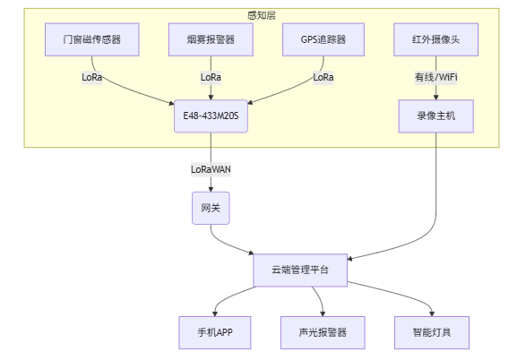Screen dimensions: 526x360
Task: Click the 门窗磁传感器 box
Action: pos(92,39)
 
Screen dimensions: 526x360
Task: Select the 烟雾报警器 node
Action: pos(211,39)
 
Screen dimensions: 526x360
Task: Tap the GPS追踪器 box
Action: pos(323,39)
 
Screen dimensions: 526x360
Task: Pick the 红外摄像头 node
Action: pos(435,39)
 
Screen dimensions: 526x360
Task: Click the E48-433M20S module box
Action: pos(211,116)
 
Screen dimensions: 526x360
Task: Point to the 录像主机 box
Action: pos(435,116)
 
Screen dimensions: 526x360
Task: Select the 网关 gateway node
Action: pos(211,208)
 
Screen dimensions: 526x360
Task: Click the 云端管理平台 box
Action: pos(300,270)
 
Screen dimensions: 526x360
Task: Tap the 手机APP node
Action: pos(215,332)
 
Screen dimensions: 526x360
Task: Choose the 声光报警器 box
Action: pos(323,332)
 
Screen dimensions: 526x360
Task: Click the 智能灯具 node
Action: pos(432,332)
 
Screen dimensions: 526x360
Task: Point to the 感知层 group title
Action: pos(262,15)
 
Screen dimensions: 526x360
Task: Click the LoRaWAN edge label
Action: pos(211,169)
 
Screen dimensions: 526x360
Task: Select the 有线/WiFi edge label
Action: pos(435,77)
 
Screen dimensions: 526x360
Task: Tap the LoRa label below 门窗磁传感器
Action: pos(92,77)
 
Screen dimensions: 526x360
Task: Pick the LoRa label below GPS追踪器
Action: pos(323,77)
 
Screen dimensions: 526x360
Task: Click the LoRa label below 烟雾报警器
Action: pos(211,77)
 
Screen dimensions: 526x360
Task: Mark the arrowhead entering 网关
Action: pos(211,189)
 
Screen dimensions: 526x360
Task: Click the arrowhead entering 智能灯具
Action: pos(432,313)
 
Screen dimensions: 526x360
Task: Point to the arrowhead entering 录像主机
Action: pos(435,98)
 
